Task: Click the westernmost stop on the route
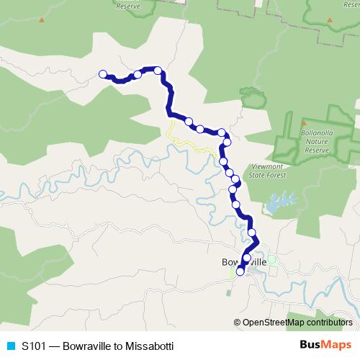click(103, 73)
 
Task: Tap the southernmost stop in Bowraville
click(240, 271)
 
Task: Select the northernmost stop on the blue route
click(157, 70)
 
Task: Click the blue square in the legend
click(11, 345)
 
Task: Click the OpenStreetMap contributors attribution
click(297, 323)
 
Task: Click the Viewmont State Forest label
click(267, 170)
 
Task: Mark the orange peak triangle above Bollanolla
click(303, 124)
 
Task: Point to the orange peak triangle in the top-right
click(329, 19)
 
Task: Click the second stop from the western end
click(137, 74)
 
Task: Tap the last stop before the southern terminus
click(247, 257)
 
